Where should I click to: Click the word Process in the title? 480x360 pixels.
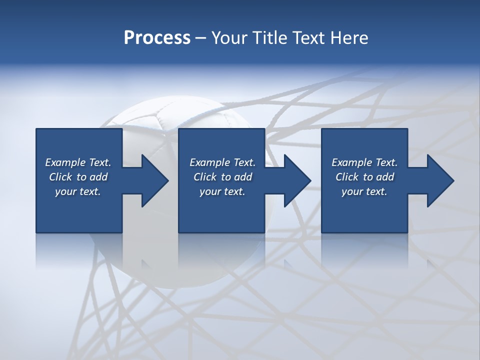point(157,38)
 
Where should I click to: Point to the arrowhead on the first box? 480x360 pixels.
point(152,180)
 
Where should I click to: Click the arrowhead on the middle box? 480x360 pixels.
point(295,180)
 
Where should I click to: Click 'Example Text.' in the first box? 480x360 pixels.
point(78,162)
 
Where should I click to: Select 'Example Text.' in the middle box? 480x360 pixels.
point(222,162)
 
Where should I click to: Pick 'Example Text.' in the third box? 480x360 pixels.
point(364,162)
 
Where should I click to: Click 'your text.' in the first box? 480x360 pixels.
point(78,191)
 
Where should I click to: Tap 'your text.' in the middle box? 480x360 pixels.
point(222,191)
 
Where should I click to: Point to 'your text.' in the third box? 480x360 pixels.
point(364,191)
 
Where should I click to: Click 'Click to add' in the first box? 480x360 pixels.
point(78,177)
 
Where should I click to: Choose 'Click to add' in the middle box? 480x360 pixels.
point(222,177)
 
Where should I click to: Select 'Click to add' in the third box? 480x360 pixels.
point(364,177)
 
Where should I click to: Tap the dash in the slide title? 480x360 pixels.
point(200,38)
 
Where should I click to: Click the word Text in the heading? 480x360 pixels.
point(305,38)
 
